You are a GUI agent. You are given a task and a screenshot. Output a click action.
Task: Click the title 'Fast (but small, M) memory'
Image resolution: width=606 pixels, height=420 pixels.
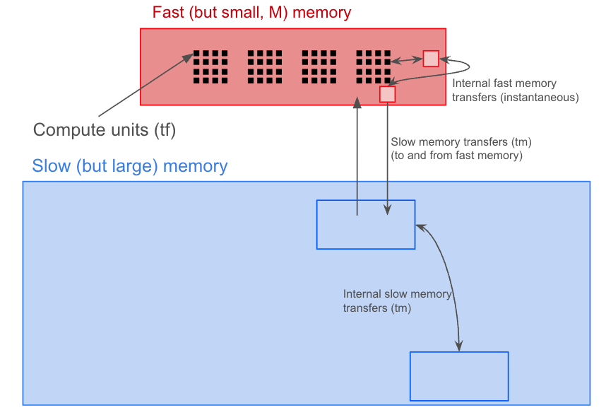coord(251,13)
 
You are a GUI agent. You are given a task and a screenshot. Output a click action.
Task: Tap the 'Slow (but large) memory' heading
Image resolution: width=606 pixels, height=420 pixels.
coord(130,167)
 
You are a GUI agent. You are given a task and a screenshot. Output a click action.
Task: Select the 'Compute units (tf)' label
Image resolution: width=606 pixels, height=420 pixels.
coord(105,129)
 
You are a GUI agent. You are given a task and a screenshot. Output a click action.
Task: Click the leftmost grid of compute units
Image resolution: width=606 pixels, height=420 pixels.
coord(210,66)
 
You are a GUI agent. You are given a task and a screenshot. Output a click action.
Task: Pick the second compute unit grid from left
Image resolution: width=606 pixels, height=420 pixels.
coord(265,66)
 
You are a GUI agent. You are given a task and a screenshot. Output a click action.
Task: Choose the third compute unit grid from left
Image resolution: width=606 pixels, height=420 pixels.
coord(319,66)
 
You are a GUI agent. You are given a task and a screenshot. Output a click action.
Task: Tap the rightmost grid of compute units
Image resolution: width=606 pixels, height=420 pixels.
coord(373,66)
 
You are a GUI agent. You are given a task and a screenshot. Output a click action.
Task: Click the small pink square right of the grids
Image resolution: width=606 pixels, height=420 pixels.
coord(431,59)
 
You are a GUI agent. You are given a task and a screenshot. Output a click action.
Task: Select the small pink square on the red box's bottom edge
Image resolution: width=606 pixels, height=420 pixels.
coord(388,94)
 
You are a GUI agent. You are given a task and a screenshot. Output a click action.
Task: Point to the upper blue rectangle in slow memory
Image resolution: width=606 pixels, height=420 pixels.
coord(366,225)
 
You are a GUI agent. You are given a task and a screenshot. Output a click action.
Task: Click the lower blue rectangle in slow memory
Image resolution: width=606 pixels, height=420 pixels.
coord(459,376)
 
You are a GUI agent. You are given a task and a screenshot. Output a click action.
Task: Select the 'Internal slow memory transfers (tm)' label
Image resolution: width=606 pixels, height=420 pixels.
coord(396,301)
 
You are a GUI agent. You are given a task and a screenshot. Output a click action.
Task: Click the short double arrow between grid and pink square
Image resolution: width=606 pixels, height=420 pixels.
coord(408,60)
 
